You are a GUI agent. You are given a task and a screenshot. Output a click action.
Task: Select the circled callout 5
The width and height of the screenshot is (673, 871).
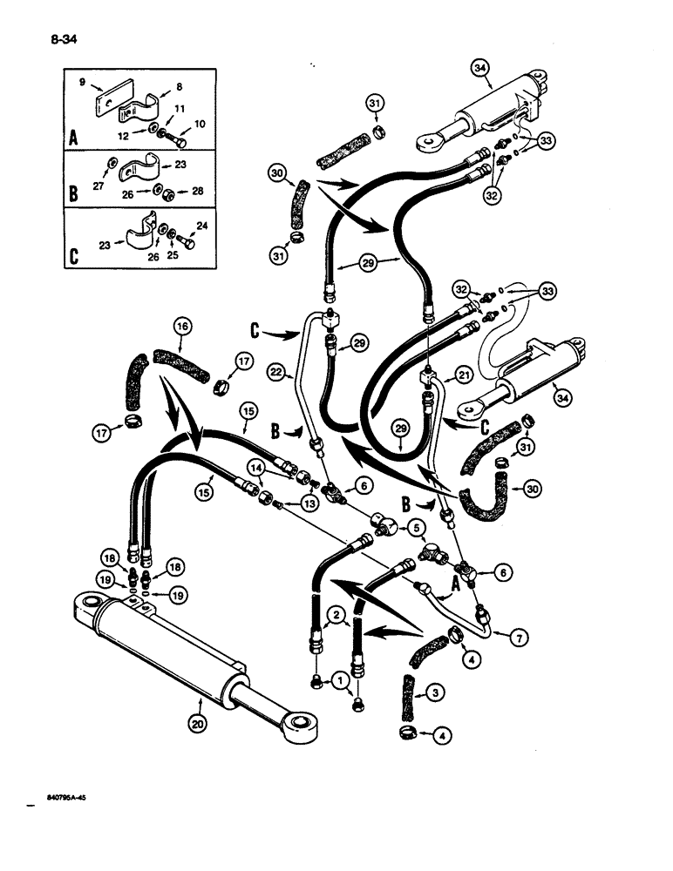418,527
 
